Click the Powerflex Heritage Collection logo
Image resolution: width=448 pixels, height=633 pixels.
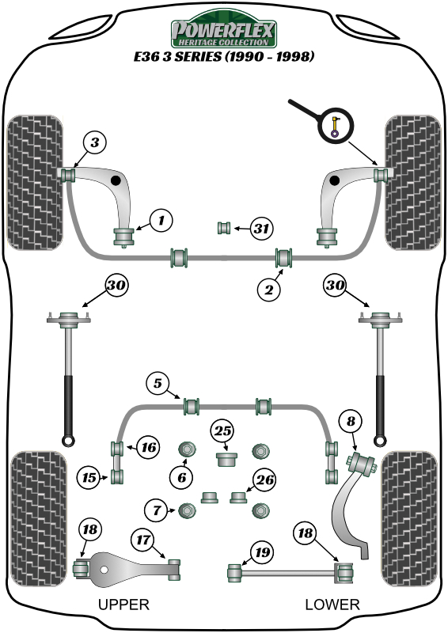click(224, 32)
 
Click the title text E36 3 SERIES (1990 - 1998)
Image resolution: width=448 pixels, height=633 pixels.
click(224, 57)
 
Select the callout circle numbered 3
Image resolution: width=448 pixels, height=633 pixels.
click(94, 143)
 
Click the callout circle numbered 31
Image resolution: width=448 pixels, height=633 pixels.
click(261, 229)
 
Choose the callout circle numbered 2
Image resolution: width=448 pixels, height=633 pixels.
click(269, 290)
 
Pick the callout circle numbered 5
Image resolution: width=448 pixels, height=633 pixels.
click(158, 384)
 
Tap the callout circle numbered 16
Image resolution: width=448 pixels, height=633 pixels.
click(146, 447)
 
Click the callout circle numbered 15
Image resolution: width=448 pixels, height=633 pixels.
click(89, 477)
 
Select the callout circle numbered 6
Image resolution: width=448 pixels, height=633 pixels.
click(181, 476)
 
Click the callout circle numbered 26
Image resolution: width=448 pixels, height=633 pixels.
click(265, 479)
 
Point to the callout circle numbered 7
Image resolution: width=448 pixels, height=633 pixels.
click(157, 510)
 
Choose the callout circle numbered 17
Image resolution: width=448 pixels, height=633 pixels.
click(143, 540)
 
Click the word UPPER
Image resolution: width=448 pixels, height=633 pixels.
click(123, 605)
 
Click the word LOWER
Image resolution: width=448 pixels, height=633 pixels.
click(332, 605)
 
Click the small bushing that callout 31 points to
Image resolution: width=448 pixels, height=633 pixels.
click(224, 229)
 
